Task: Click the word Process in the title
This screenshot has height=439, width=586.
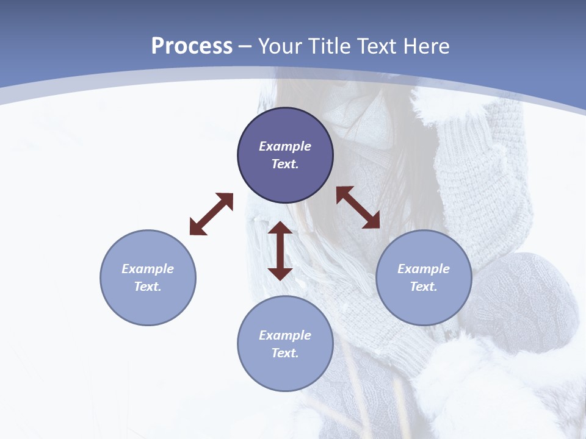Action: [192, 46]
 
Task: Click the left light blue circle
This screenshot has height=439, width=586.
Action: [148, 277]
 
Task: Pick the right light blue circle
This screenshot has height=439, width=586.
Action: [424, 277]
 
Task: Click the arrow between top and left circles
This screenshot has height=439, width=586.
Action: [211, 214]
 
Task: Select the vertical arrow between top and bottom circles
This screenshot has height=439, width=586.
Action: [280, 251]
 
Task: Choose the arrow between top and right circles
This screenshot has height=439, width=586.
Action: [358, 207]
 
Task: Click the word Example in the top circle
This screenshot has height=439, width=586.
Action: [285, 146]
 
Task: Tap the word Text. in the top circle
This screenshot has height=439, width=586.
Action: [285, 164]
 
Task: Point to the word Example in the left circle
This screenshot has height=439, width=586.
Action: [148, 269]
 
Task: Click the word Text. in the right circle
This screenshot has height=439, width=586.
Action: [424, 287]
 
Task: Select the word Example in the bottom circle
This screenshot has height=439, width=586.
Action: [285, 335]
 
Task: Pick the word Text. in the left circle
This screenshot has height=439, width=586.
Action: [148, 287]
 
